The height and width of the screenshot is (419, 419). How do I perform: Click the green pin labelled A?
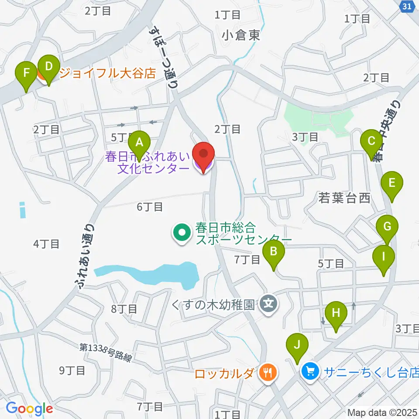pos(139,142)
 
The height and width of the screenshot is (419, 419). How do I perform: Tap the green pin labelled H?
pos(336,313)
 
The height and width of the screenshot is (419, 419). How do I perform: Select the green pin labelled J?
pos(297,345)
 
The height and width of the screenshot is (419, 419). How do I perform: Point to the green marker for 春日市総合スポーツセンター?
pos(181,232)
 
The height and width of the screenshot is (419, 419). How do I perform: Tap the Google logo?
pos(29,409)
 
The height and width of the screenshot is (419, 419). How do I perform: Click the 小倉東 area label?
pos(240,35)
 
